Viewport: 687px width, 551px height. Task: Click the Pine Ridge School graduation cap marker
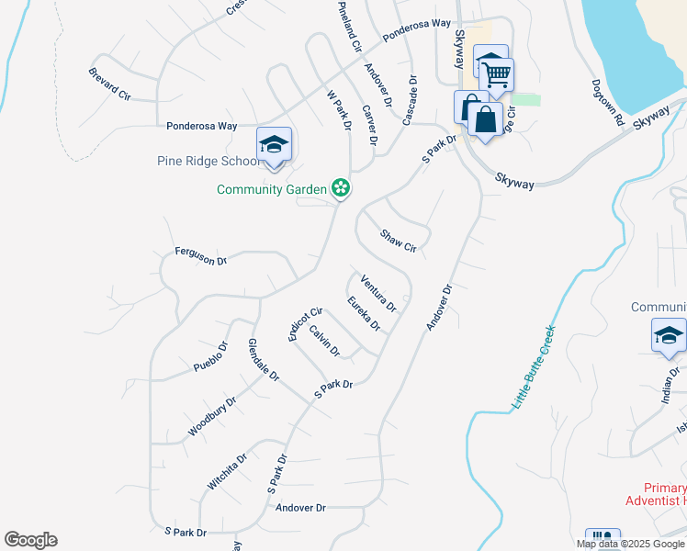[274, 145]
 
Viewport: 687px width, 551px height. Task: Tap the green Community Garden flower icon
[341, 188]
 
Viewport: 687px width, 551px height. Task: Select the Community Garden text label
[272, 189]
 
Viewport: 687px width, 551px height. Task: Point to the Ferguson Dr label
[200, 255]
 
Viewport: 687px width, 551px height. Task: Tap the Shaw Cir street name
[399, 242]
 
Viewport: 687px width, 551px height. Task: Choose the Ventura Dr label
[377, 292]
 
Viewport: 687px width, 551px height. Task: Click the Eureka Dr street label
[364, 313]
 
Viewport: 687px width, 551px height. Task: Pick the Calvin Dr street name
[324, 341]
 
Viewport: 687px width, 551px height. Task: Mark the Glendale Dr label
[263, 360]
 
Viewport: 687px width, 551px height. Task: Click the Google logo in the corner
[30, 540]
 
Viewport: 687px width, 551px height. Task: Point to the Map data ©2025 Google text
[630, 544]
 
